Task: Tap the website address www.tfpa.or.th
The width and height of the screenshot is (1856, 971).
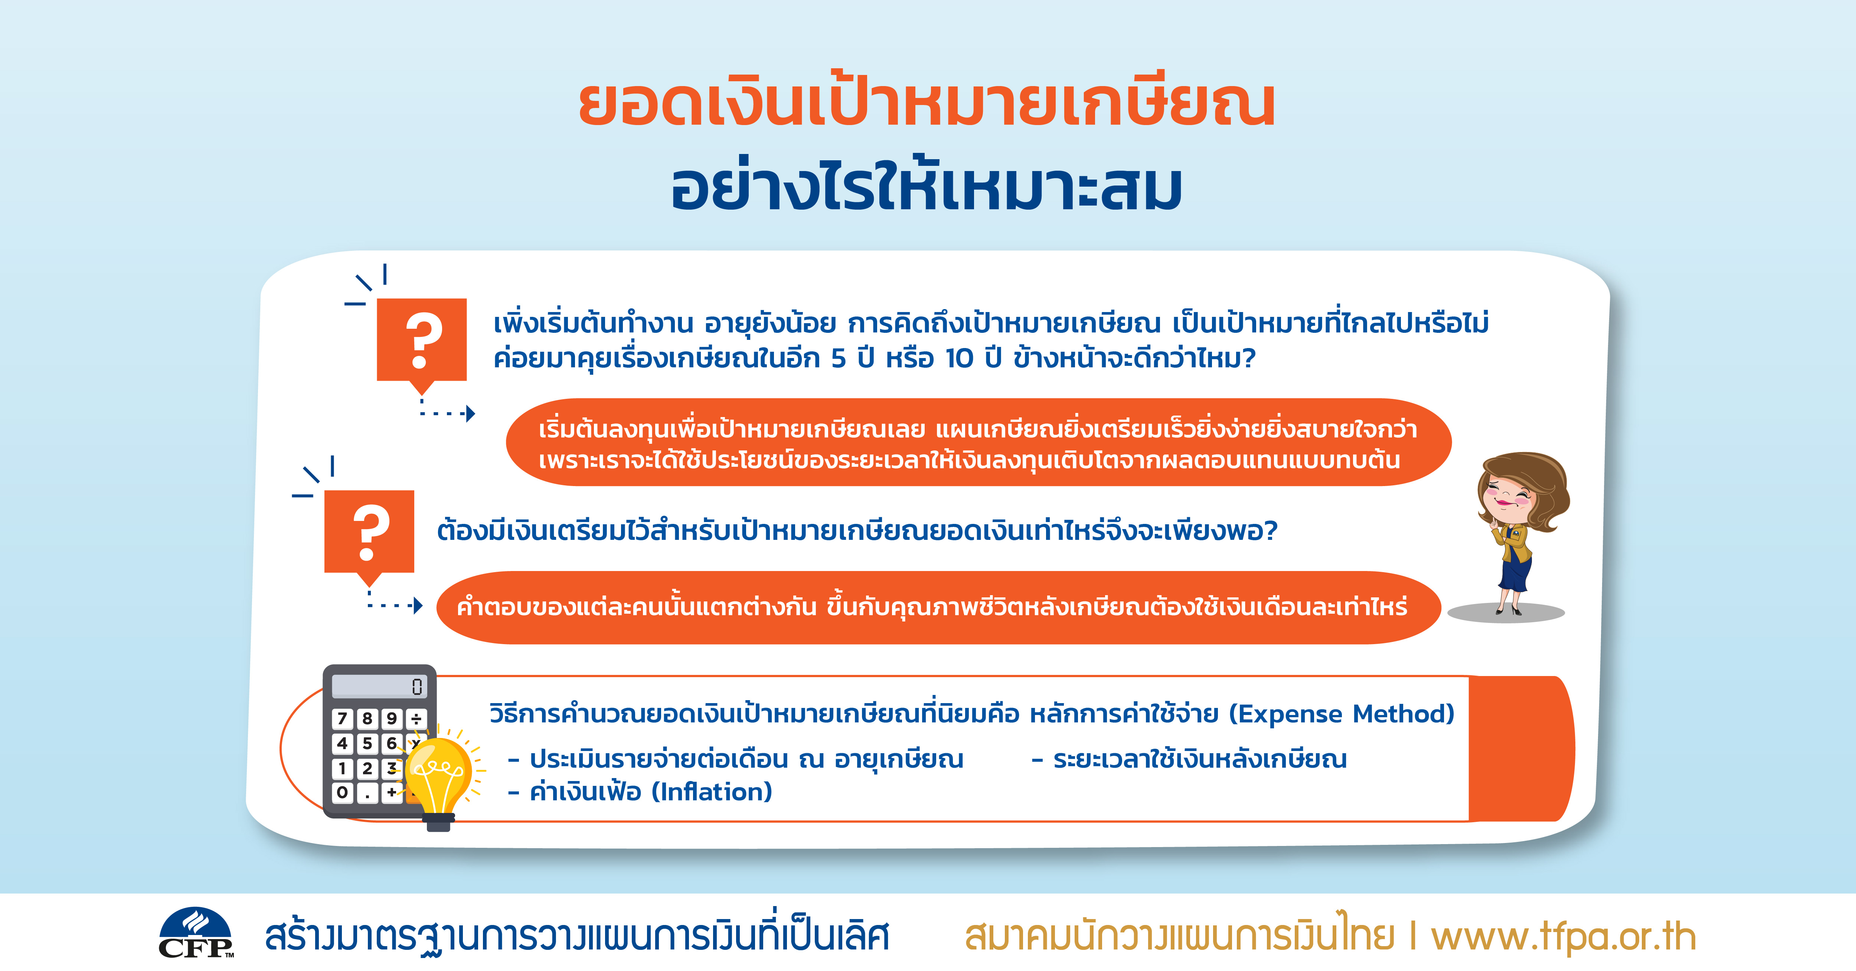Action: point(1563,936)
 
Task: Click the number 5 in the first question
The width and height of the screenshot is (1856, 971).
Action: point(839,358)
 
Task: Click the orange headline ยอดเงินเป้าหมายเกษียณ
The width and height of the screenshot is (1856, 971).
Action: point(927,103)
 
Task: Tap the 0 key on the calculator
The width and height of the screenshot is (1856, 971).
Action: point(342,793)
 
